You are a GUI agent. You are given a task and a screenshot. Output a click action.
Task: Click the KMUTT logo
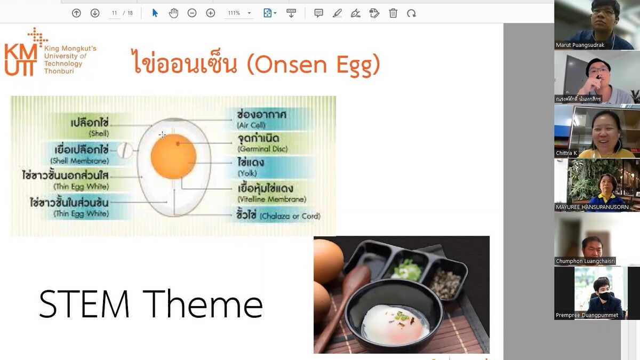(21, 52)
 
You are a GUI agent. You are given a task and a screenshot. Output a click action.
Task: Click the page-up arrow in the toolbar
(76, 13)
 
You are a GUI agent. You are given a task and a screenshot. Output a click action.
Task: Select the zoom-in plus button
(211, 13)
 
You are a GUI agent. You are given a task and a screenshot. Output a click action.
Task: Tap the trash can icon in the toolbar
(393, 13)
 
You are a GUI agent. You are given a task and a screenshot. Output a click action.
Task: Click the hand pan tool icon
(173, 13)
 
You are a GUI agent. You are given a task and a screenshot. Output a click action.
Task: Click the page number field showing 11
(114, 13)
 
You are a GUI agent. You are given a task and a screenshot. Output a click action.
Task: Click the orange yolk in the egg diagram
(173, 156)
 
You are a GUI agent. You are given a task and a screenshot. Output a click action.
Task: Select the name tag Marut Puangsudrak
(580, 45)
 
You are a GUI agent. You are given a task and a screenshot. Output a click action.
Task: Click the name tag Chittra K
(566, 153)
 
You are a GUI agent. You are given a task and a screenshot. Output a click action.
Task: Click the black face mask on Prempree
(604, 295)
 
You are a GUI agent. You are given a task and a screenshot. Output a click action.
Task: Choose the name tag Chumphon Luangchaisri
(585, 261)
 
